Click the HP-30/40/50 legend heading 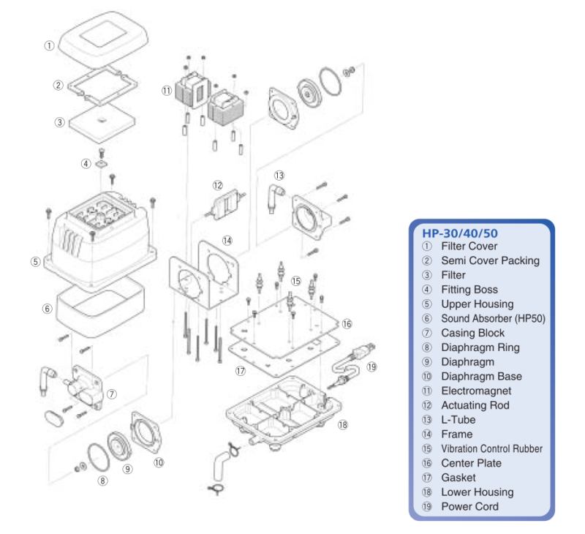click(461, 233)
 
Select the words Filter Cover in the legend click(469, 247)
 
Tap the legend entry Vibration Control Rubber click(491, 449)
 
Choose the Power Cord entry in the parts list click(469, 507)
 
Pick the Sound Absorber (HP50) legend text click(493, 319)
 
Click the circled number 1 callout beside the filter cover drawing click(49, 45)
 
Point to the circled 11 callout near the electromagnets click(167, 91)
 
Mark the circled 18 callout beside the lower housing click(343, 424)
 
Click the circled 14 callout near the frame click(227, 240)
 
